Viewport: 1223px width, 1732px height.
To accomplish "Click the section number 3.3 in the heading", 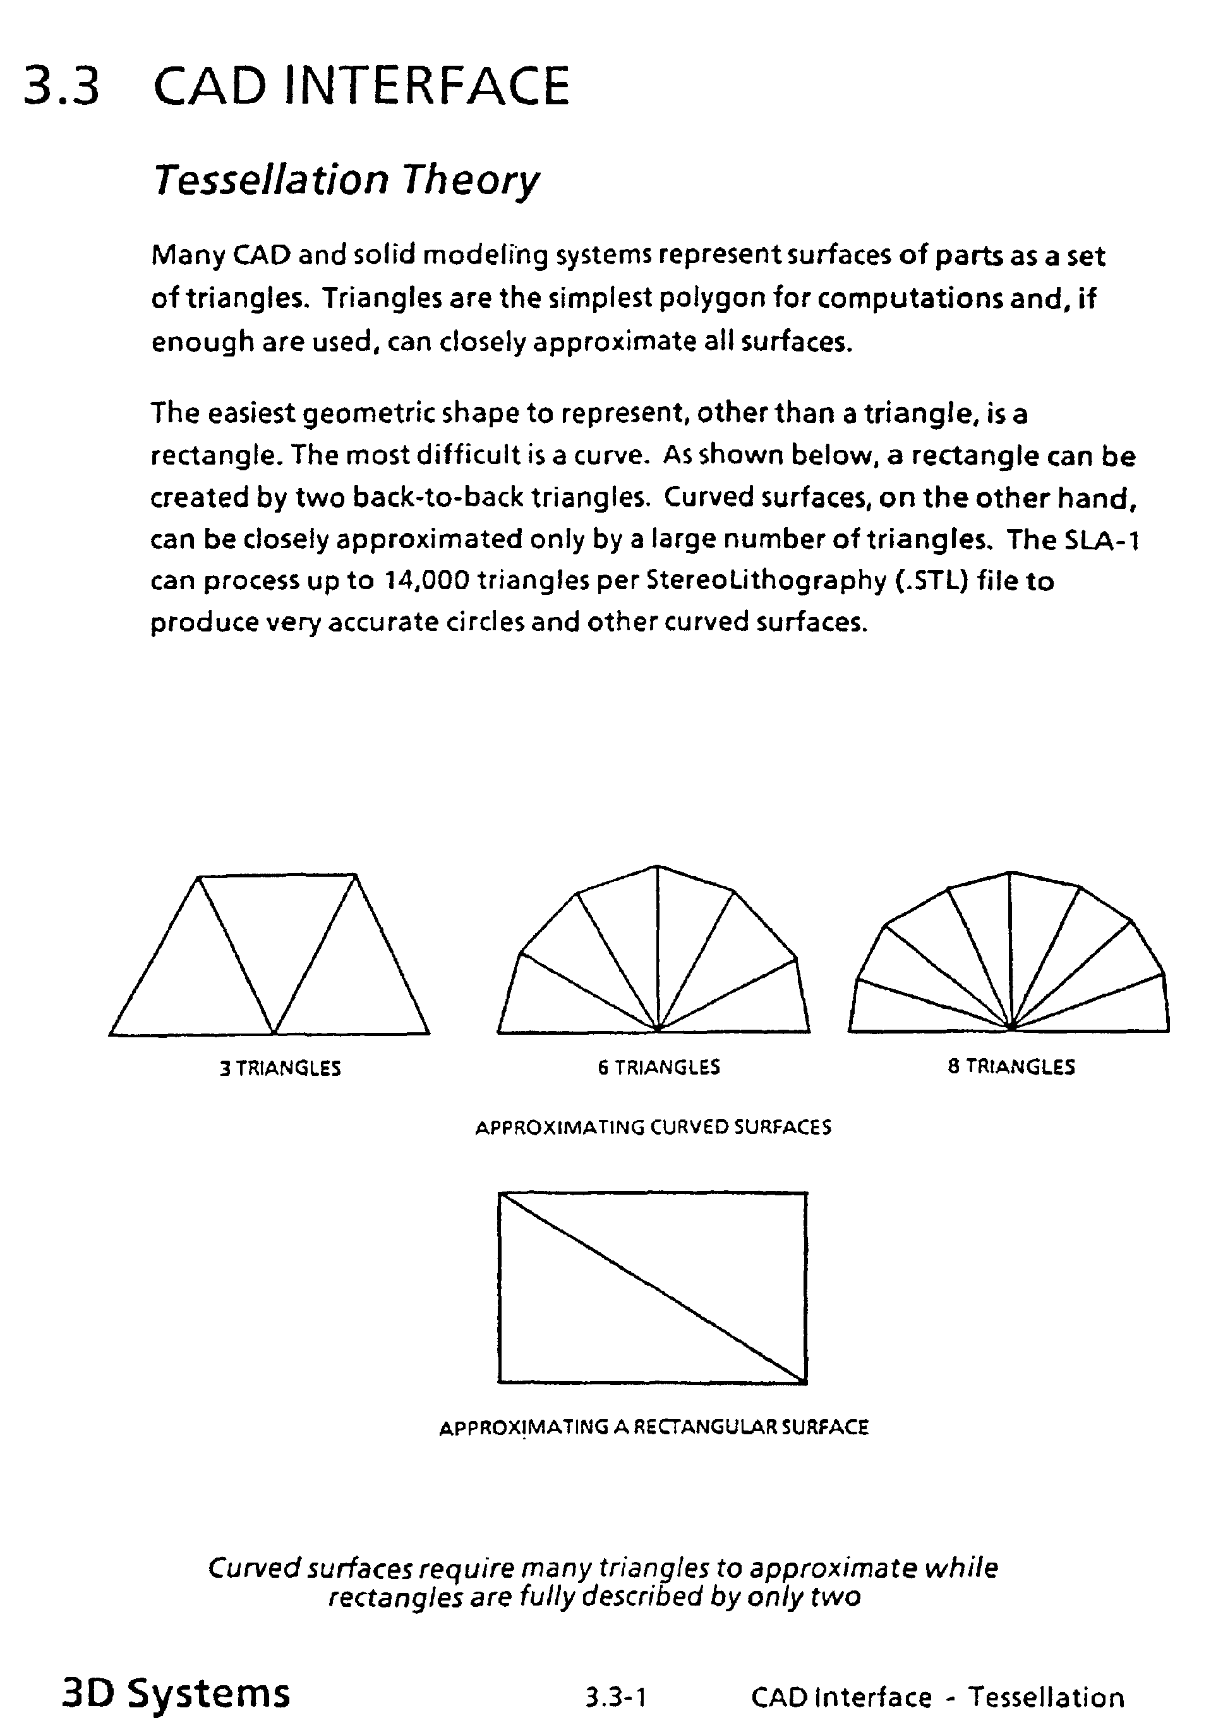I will pyautogui.click(x=62, y=85).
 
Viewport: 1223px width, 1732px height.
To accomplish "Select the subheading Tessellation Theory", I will pyautogui.click(x=346, y=180).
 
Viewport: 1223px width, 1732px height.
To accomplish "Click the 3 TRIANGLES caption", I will pyautogui.click(x=280, y=1068).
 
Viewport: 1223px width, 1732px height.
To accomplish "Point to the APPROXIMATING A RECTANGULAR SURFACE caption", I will pyautogui.click(x=654, y=1427).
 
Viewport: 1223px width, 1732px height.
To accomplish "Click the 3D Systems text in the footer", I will pyautogui.click(x=176, y=1693).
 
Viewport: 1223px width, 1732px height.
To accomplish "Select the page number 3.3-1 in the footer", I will pyautogui.click(x=616, y=1697).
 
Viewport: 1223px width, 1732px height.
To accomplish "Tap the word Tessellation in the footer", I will pyautogui.click(x=1046, y=1697).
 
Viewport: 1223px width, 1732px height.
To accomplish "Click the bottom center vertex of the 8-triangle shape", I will pyautogui.click(x=1009, y=1028).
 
